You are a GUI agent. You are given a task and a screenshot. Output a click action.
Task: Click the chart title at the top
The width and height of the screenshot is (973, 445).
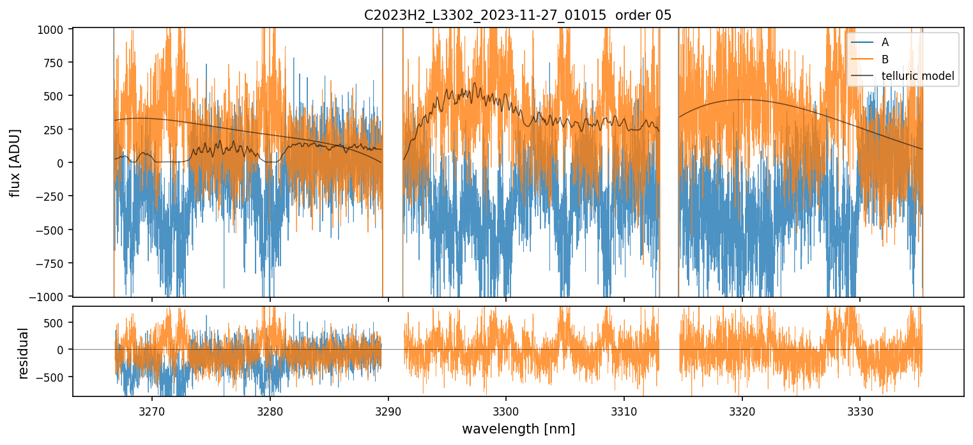(517, 15)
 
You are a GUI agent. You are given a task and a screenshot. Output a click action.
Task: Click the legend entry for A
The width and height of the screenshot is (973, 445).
(885, 42)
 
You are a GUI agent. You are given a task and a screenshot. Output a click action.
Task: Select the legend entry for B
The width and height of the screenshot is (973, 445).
(885, 59)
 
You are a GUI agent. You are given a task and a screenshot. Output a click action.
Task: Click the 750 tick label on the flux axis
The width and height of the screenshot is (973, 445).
(57, 63)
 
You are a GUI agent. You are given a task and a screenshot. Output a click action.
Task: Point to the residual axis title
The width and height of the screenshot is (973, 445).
(24, 353)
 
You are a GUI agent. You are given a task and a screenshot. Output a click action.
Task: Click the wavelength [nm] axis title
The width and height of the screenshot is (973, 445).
(518, 428)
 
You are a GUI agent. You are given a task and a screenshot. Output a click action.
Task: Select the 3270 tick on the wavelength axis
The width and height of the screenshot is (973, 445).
(152, 409)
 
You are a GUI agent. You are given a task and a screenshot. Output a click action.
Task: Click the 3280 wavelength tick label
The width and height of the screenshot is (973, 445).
(270, 409)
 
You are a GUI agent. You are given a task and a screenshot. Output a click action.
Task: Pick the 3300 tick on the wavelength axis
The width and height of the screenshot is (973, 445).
(506, 409)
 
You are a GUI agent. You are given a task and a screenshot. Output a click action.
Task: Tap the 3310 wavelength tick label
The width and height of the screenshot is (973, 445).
(624, 409)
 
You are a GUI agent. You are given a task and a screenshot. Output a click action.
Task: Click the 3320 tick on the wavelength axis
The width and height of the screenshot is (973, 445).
(742, 409)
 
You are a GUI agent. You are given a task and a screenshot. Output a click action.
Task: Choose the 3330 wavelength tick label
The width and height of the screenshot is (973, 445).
(860, 409)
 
